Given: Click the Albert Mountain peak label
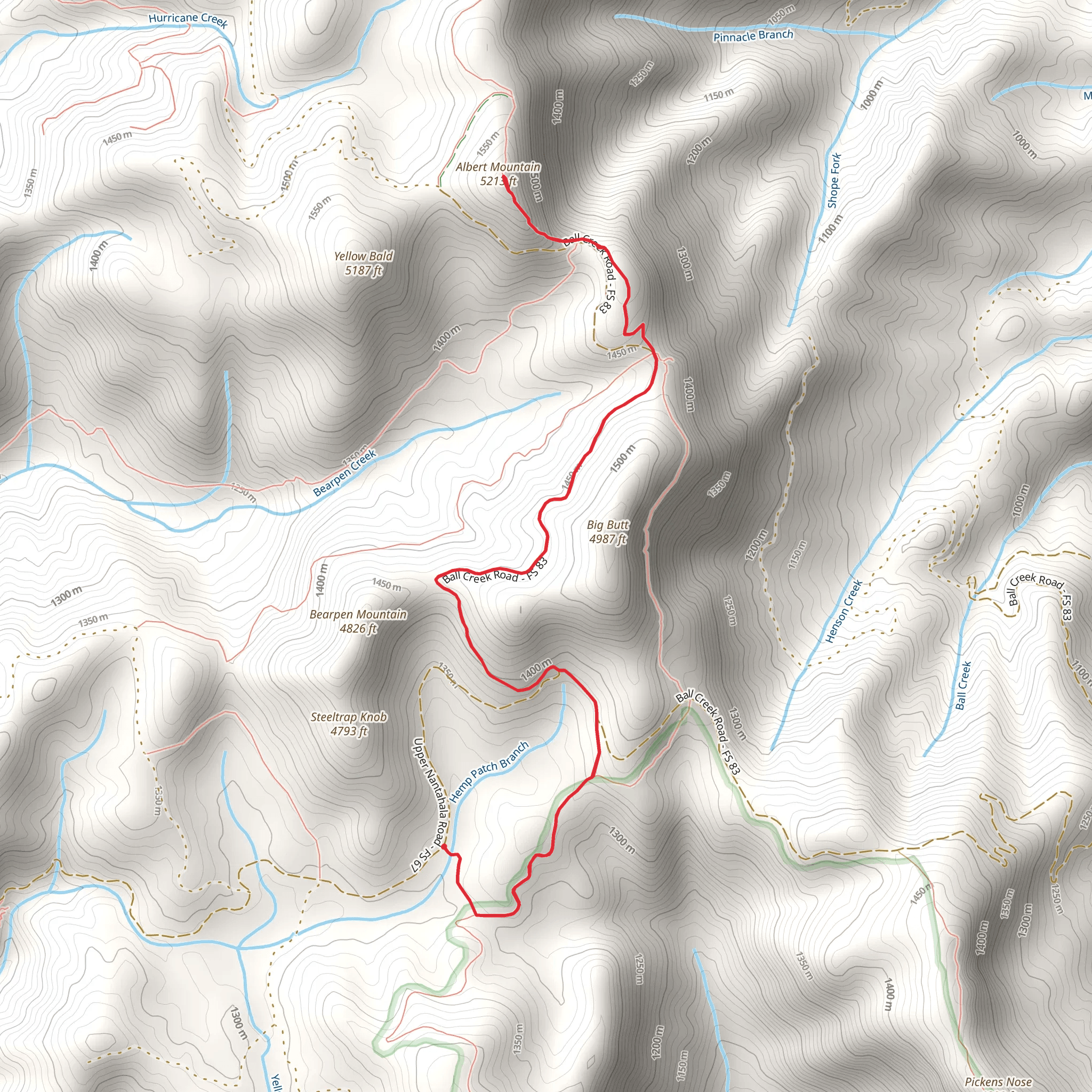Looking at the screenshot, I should [498, 173].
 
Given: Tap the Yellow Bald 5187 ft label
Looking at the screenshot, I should [364, 263].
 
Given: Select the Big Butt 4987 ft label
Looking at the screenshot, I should [608, 532].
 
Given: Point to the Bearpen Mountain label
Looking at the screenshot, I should [358, 621].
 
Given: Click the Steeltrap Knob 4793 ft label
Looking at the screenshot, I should [349, 724].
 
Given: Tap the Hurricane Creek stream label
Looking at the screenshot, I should [188, 20].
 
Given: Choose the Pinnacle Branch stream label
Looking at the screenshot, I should [753, 36].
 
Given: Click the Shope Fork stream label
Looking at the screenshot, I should [834, 180].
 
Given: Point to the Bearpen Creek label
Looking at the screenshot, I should [345, 473].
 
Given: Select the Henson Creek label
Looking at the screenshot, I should [844, 612].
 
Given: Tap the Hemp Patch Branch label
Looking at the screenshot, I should [489, 770].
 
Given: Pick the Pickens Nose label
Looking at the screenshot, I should [998, 1082].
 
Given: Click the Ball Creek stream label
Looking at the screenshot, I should [963, 686].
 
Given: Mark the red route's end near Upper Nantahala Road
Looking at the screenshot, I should [443, 846].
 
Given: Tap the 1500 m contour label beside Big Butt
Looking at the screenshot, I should [623, 459].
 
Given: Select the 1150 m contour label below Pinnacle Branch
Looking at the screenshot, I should [719, 95].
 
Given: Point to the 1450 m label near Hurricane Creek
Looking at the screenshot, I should [117, 138].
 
